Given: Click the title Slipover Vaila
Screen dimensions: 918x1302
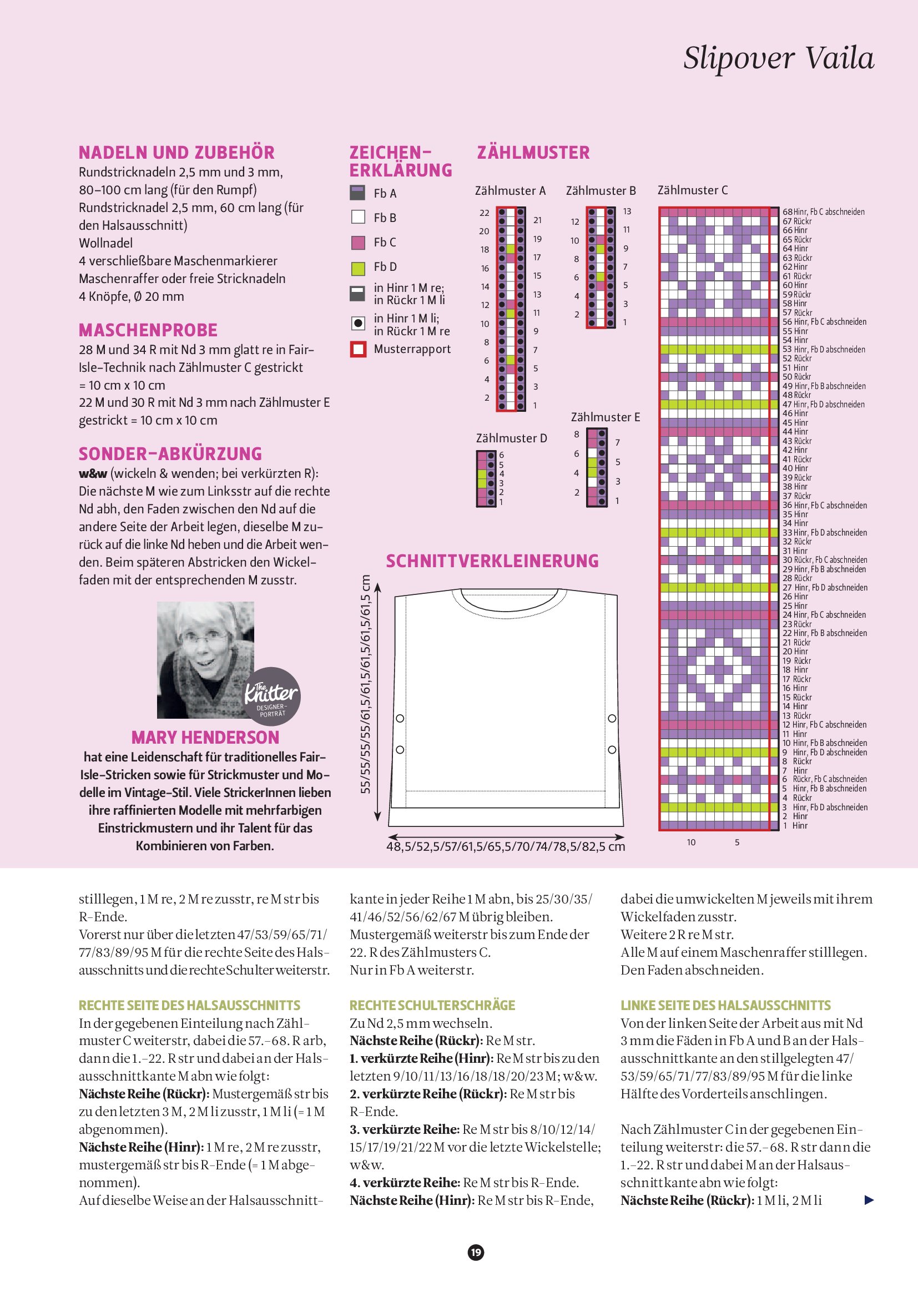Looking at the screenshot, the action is point(779,58).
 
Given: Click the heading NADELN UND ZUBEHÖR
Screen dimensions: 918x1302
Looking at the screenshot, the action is point(176,153).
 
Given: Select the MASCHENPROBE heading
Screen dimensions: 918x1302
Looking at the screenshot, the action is point(148,330).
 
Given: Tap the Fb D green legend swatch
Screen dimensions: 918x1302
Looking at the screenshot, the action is point(358,267).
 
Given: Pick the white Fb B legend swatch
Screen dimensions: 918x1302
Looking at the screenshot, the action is point(358,217).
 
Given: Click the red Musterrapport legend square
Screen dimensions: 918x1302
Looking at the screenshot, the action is point(358,349).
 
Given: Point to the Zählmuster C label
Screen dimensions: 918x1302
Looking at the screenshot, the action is point(692,190).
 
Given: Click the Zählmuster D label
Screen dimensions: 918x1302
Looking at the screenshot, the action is point(511,438).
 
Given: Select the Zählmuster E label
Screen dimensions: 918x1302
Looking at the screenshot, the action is point(606,417).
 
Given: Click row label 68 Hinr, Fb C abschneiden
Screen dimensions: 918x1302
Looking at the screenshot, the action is point(823,212).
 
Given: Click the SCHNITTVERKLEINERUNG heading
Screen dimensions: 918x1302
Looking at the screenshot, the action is point(492,561).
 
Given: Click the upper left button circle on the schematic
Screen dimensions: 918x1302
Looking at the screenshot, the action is point(400,719).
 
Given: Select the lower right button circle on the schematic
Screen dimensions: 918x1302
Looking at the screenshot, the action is point(612,750).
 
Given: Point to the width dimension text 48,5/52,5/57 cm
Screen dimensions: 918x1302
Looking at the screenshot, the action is point(506,847).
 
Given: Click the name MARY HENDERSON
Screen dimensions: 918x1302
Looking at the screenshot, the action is point(205,737).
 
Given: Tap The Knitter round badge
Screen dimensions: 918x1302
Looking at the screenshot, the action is point(272,696).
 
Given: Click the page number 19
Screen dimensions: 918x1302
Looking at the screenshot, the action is point(476,1253).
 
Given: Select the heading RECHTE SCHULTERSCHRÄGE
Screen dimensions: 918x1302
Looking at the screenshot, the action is point(432,1006).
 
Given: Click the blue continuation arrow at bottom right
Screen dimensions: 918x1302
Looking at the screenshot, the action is point(869,1200).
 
